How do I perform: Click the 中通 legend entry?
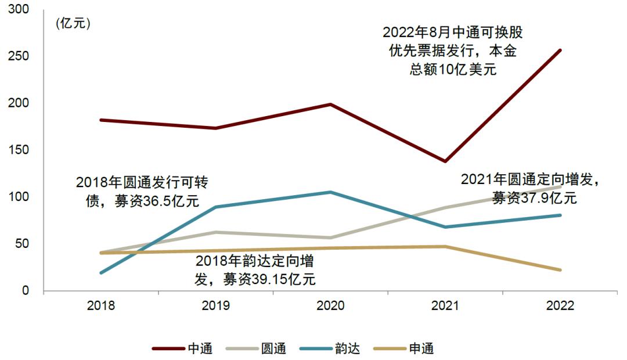pos(182,348)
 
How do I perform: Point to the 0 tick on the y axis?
pos(26,290)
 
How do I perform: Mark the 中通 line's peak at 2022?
pos(560,50)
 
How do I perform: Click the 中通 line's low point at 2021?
pos(445,161)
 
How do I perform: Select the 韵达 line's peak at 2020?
pos(331,192)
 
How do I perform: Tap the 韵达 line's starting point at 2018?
pos(101,272)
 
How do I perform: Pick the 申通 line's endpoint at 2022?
pos(560,270)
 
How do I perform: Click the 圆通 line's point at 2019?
pos(216,232)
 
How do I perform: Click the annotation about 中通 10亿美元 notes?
pos(452,51)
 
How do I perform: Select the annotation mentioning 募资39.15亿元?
pos(255,270)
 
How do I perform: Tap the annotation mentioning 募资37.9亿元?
pos(529,189)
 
